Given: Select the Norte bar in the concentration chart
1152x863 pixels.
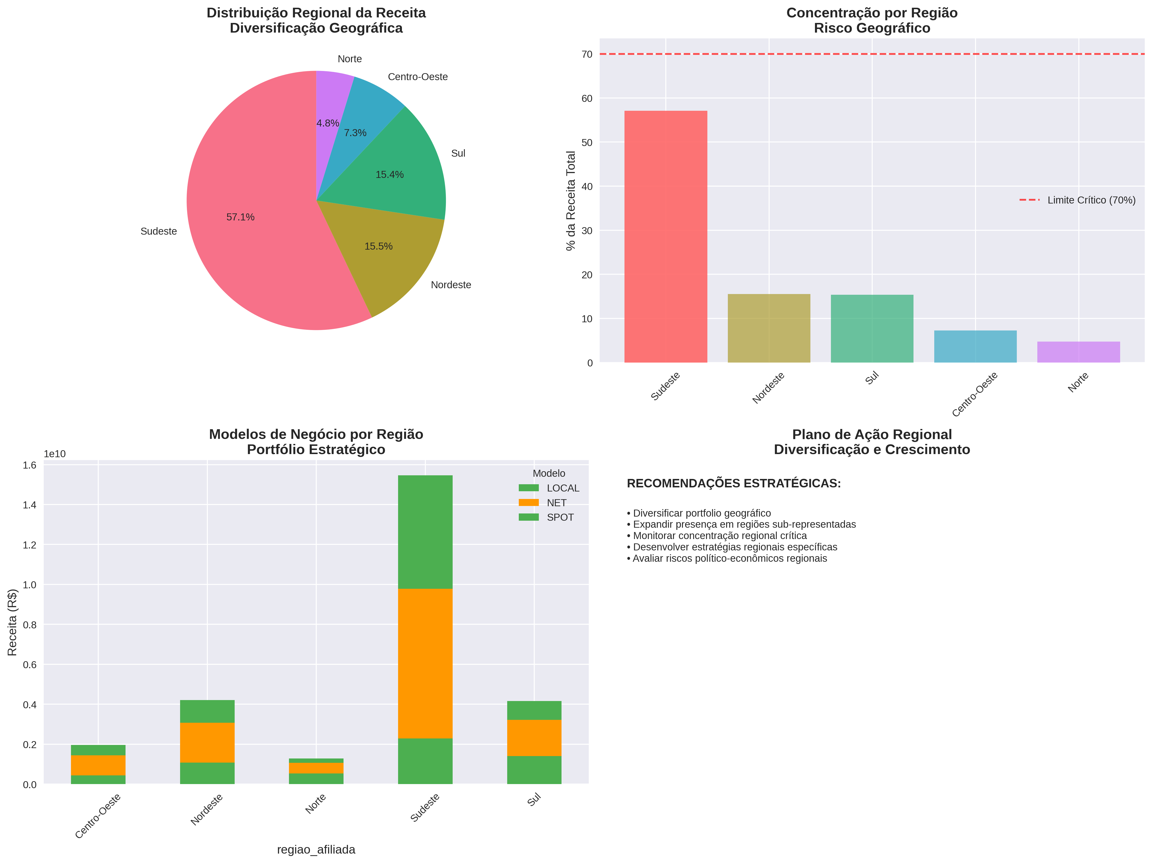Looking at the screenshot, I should (1078, 352).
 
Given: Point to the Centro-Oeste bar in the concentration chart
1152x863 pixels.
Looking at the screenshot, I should (975, 346).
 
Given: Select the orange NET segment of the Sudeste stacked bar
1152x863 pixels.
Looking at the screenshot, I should (425, 663).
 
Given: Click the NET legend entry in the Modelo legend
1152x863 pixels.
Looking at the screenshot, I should (556, 503).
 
